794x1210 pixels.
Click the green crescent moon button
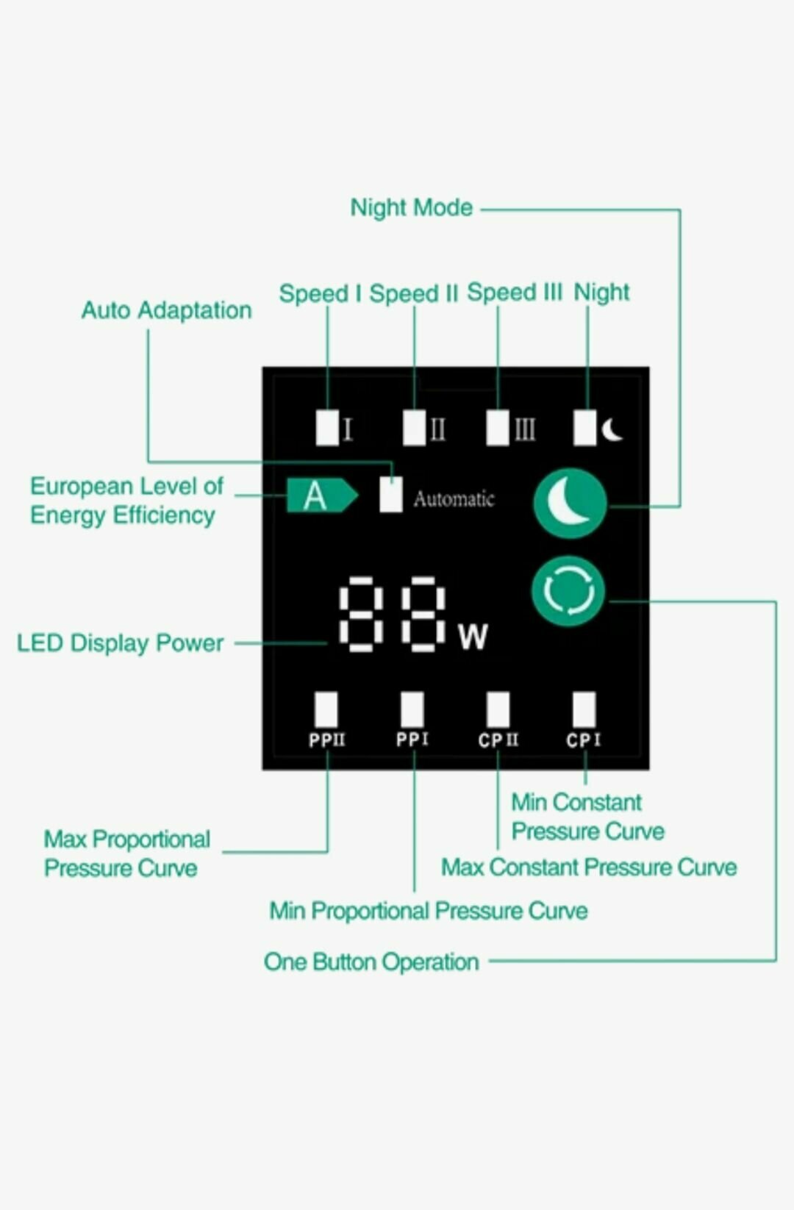(570, 504)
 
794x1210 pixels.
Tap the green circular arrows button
(568, 591)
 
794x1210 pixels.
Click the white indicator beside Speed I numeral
(327, 427)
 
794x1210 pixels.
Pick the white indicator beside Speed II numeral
(414, 427)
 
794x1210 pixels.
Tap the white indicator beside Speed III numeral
(498, 427)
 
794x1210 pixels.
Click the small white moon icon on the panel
(612, 429)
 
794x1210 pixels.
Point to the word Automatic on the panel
(454, 499)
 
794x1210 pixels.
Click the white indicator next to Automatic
(391, 495)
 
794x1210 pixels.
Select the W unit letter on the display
(473, 637)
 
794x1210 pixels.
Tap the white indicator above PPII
(326, 709)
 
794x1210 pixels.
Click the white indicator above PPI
(412, 709)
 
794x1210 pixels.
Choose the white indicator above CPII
(498, 709)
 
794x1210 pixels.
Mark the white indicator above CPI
(584, 709)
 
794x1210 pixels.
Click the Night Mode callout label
(411, 208)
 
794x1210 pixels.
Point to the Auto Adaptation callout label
(166, 310)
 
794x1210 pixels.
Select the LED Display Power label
(120, 643)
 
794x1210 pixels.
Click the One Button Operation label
(371, 962)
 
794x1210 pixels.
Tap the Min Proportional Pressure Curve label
(429, 911)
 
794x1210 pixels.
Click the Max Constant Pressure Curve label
(589, 867)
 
